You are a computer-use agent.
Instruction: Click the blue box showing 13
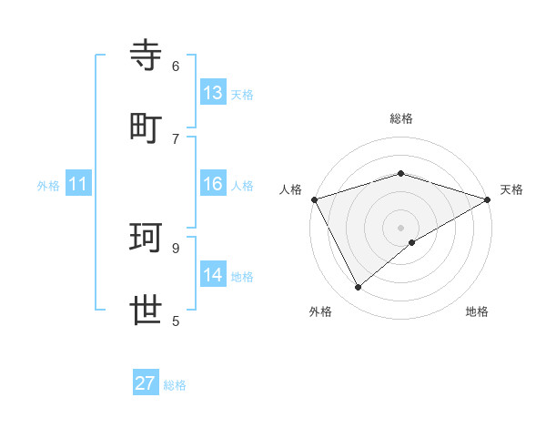click(x=213, y=93)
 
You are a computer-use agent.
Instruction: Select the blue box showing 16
click(x=213, y=185)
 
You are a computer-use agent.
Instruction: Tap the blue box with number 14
click(x=213, y=275)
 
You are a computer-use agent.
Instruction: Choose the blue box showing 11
click(x=78, y=185)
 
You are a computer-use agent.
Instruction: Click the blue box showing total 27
click(x=146, y=383)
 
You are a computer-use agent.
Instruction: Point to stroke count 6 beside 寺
click(x=176, y=66)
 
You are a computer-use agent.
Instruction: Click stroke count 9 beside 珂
click(x=176, y=248)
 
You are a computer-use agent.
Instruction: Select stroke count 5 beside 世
click(x=176, y=321)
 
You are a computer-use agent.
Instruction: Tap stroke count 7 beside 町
click(x=176, y=138)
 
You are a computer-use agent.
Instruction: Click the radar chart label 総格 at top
click(x=400, y=118)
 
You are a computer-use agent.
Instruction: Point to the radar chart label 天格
click(x=511, y=189)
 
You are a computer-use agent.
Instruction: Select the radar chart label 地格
click(x=477, y=311)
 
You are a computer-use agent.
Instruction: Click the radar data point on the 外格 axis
click(x=359, y=288)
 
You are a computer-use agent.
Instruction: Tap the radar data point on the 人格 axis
click(x=314, y=199)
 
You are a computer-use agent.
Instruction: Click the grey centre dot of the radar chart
click(x=400, y=227)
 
